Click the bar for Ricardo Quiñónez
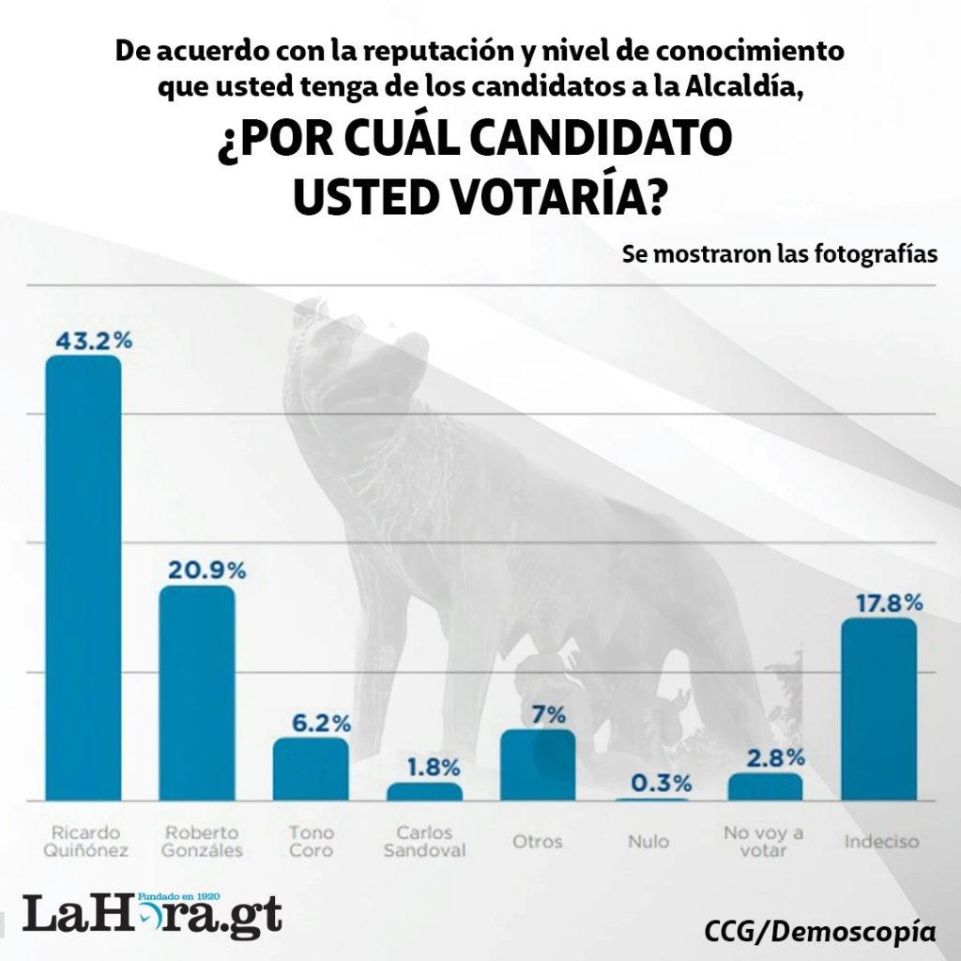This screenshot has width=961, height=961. pos(84,577)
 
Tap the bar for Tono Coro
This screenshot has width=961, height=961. pos(311,769)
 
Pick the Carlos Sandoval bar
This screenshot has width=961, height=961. pos(424,791)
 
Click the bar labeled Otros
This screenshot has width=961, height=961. pos(538,765)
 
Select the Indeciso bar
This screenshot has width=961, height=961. pos(878,709)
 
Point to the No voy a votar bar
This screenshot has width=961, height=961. pos(765,786)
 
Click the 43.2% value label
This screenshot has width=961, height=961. pos(93,340)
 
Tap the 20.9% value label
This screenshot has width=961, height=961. pos(206,570)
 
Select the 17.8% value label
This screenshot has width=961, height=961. pos(888,602)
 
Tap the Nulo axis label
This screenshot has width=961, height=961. pos(648,842)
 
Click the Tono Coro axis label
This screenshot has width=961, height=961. pos(311,841)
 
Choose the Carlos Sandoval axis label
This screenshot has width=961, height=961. pos(424,841)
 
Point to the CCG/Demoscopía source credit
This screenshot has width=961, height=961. pos(819,932)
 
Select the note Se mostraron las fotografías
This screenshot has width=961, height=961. pos(780,254)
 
